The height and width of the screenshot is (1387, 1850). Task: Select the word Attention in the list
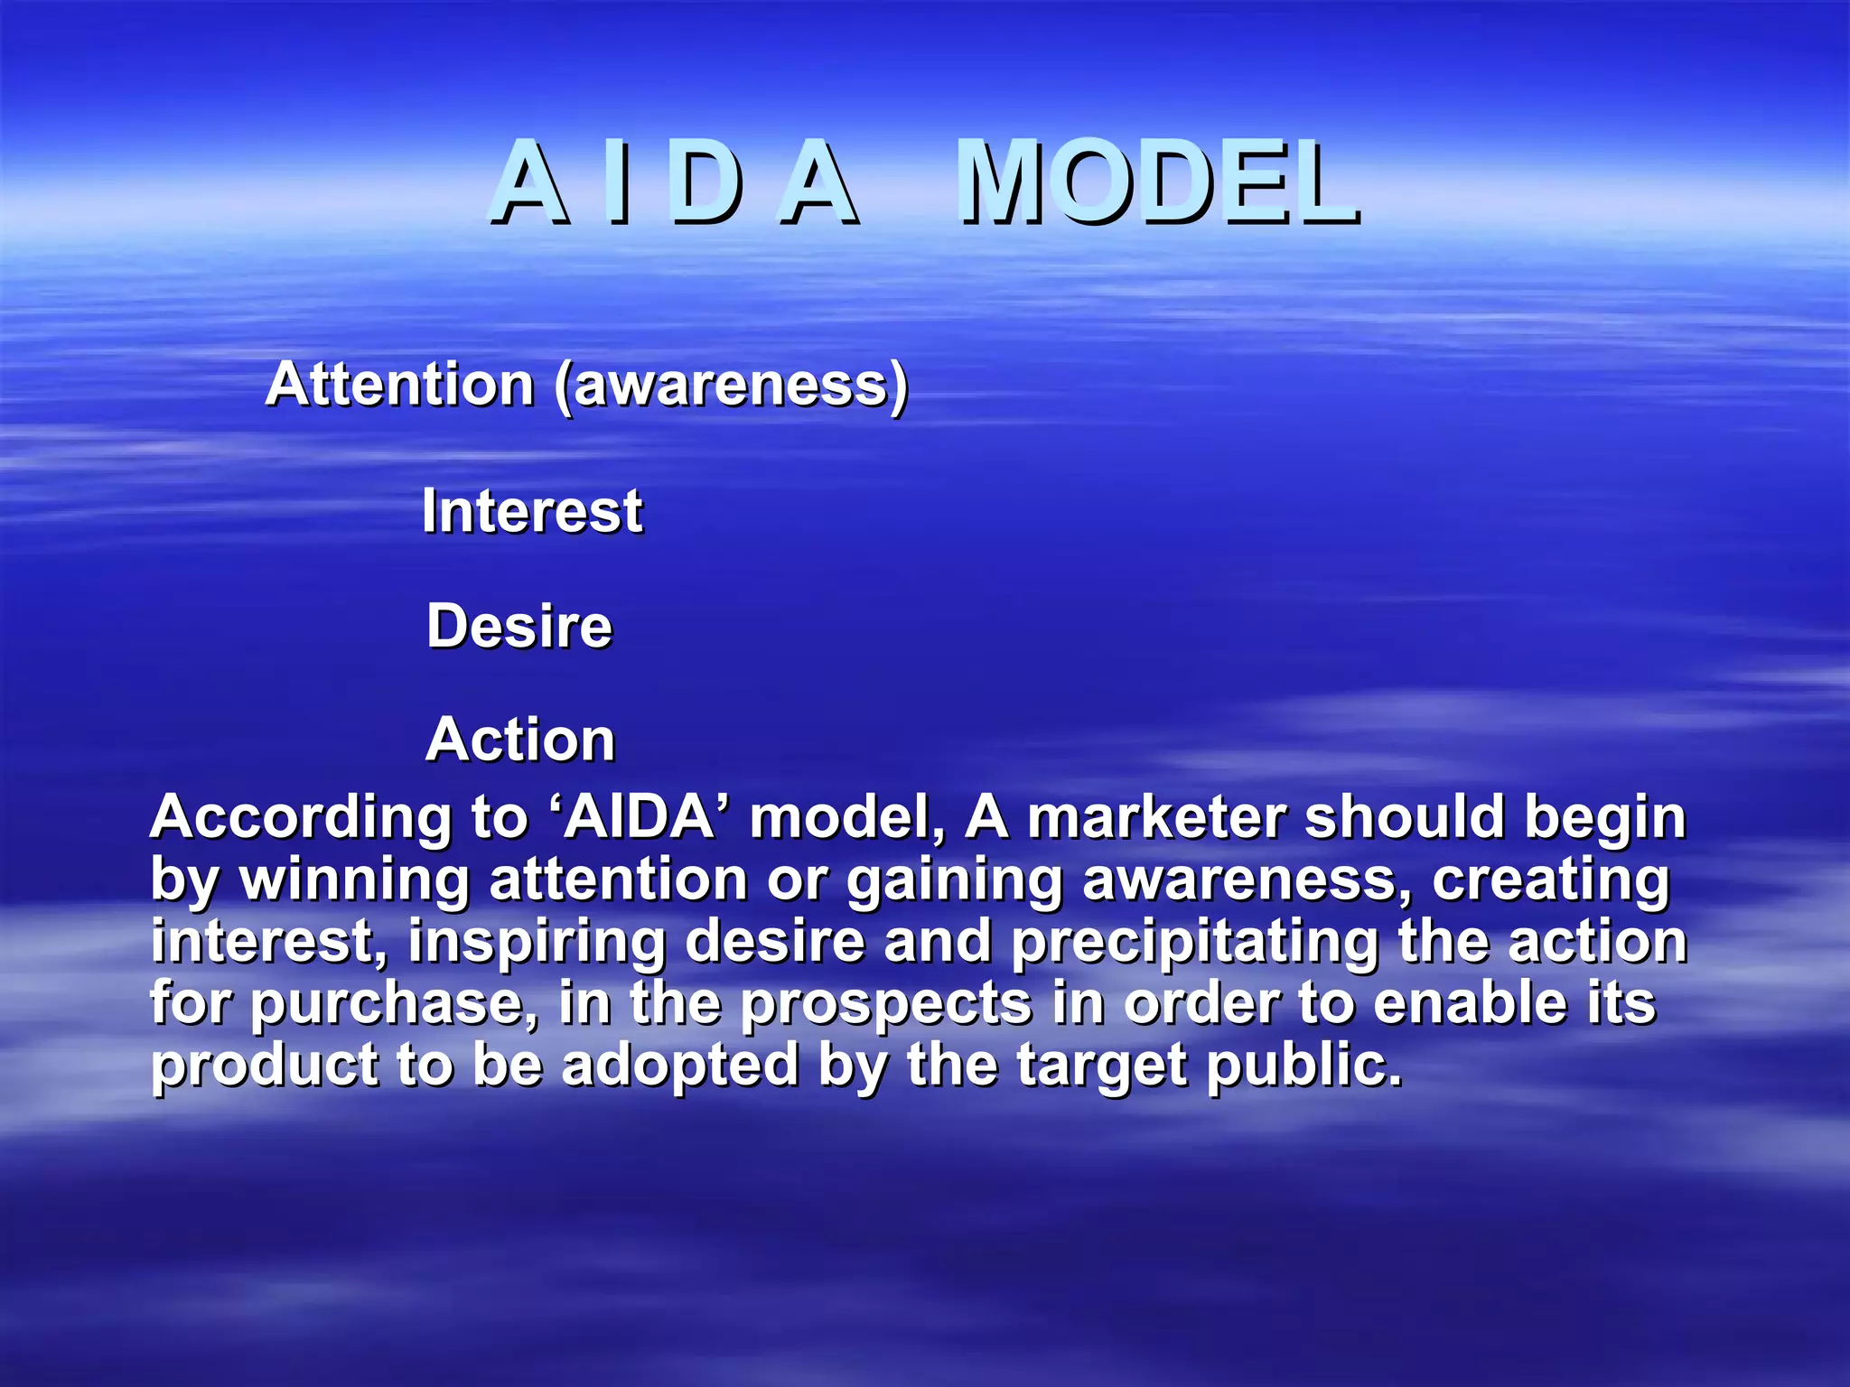tap(399, 385)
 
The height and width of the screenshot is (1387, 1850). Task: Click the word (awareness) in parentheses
tap(731, 386)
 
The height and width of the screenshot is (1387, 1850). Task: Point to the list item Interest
tap(532, 511)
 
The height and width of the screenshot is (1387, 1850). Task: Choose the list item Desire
tap(519, 626)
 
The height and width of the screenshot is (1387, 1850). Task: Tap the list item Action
tap(520, 740)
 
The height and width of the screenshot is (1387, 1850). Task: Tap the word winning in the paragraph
tap(354, 881)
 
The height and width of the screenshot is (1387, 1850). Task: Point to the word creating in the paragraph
tap(1550, 881)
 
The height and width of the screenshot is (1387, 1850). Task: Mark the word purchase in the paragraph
tap(395, 1005)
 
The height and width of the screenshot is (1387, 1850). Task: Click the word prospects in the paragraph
tap(885, 1005)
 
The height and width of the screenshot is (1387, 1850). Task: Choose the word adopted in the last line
tap(679, 1066)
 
